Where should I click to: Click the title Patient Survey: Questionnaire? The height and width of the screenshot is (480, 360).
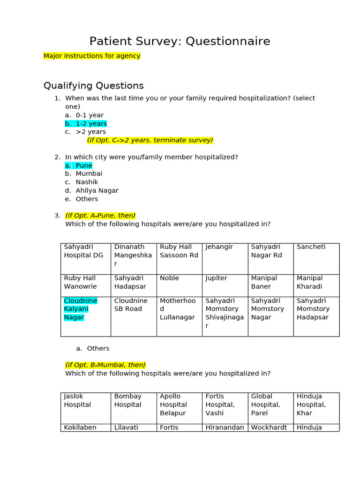180,41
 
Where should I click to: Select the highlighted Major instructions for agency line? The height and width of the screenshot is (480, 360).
92,56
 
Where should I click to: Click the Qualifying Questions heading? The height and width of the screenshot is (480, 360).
93,86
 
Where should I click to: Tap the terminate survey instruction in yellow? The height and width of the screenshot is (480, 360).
150,140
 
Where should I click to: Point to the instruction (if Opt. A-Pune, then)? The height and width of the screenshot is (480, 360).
100,216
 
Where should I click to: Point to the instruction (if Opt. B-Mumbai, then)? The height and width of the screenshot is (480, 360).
105,365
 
